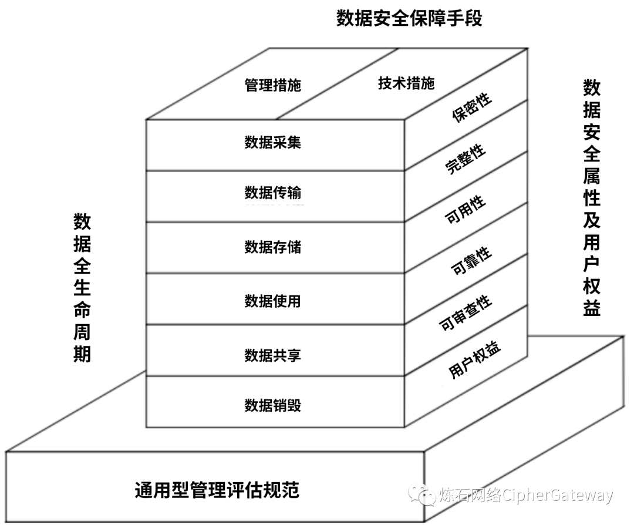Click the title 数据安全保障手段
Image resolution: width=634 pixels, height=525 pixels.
point(409,18)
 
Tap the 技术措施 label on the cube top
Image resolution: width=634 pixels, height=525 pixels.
point(406,83)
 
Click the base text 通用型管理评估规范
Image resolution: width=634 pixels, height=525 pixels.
point(217,489)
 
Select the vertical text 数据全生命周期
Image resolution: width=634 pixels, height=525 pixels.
point(82,288)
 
